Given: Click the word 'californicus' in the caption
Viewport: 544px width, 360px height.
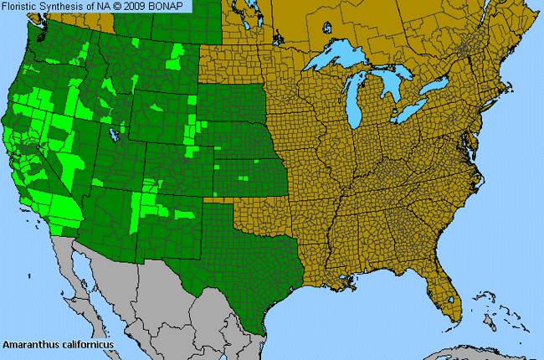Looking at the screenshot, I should pyautogui.click(x=86, y=344).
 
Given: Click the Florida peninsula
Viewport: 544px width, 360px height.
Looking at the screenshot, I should pyautogui.click(x=444, y=293).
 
